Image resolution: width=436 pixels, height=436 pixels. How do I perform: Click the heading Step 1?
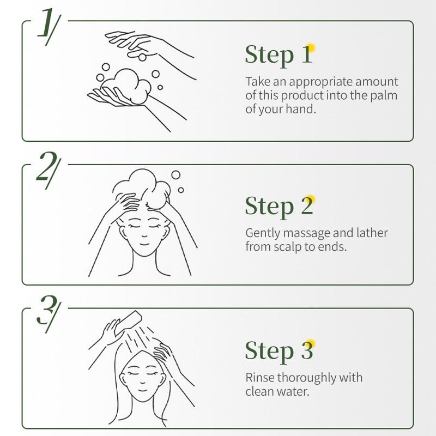[278, 55]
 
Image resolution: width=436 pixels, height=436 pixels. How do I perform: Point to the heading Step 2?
[278, 206]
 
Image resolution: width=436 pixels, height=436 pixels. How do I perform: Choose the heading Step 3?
[278, 350]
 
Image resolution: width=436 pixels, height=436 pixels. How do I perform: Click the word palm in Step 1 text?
[385, 95]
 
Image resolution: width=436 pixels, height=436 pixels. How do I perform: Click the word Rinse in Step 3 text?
[259, 378]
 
